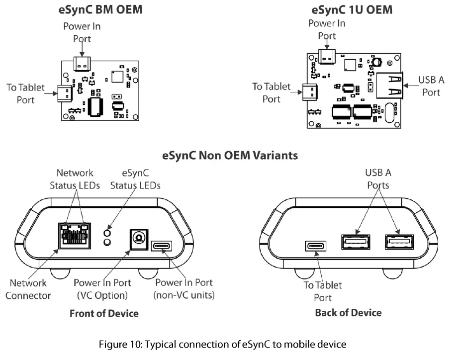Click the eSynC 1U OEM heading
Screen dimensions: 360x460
pos(352,10)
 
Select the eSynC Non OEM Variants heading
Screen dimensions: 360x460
pos(230,155)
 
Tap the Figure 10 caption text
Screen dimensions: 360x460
pos(222,344)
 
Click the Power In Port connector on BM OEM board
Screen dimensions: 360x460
pos(83,63)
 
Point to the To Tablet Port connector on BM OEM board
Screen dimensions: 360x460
pos(64,92)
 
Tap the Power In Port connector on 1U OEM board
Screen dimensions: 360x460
pos(327,56)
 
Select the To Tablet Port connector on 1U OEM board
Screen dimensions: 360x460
pos(309,92)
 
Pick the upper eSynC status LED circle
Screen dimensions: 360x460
pos(106,233)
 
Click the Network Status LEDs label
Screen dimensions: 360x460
pos(75,179)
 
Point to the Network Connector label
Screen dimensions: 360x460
pos(28,289)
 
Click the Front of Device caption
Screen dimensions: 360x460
pos(104,313)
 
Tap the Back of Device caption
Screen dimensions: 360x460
pos(348,313)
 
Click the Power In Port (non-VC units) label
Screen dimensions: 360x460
pos(184,288)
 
